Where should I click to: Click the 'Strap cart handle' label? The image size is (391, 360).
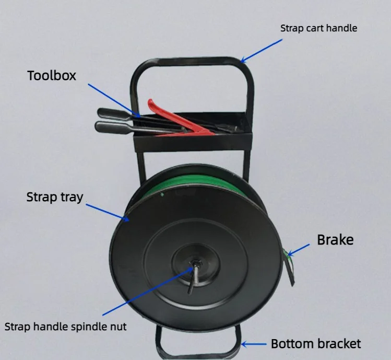(318, 28)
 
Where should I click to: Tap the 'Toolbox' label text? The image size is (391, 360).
(52, 76)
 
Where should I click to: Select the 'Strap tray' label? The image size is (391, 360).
(55, 198)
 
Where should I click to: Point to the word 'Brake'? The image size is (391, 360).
(335, 240)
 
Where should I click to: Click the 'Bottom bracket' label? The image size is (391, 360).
(315, 344)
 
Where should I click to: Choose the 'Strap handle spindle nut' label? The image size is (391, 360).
(66, 327)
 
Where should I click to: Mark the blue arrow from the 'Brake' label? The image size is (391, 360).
(299, 249)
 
